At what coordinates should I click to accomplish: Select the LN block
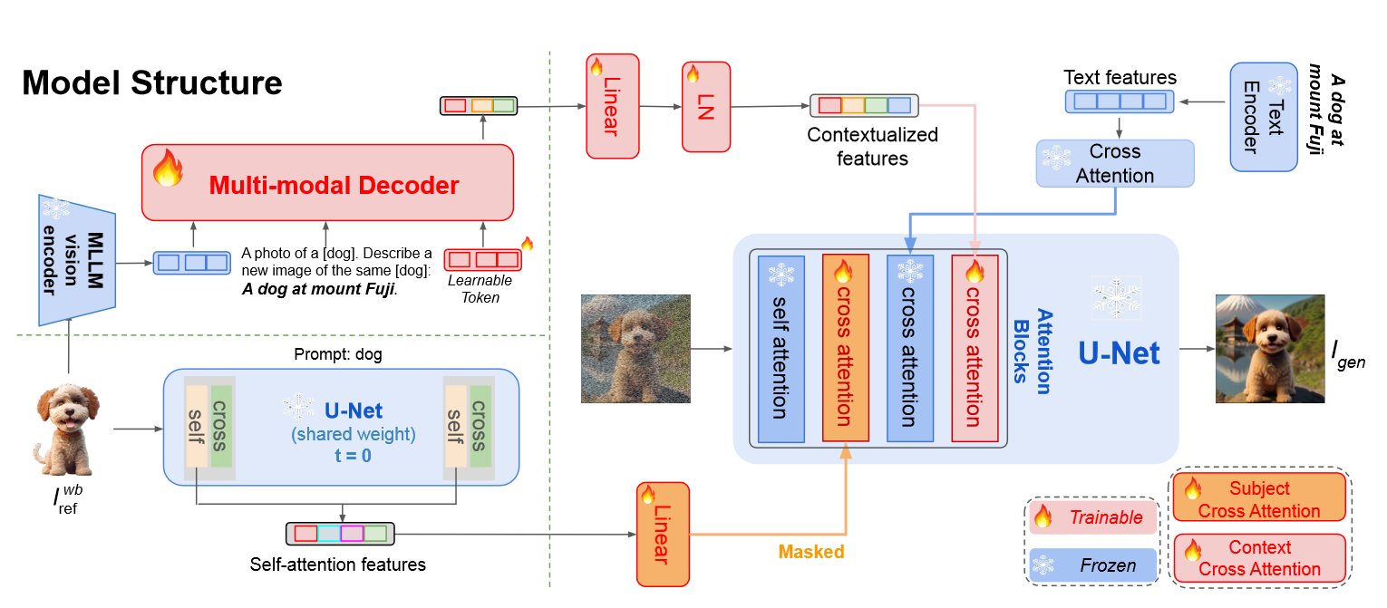[706, 106]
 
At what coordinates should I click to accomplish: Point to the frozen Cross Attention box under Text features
[1115, 163]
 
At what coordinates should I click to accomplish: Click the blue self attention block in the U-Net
[781, 349]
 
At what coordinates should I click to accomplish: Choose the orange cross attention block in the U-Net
[845, 349]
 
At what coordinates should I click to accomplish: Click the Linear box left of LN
[613, 106]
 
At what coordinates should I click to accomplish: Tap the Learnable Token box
[481, 260]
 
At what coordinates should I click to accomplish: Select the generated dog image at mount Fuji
[1269, 348]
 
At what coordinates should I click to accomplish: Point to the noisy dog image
[635, 348]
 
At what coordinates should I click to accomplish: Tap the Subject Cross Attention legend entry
[1259, 499]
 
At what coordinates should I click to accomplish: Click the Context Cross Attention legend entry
[1259, 558]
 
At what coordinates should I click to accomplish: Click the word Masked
[811, 552]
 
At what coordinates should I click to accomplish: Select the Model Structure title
[151, 83]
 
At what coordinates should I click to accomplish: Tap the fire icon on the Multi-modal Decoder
[168, 168]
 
